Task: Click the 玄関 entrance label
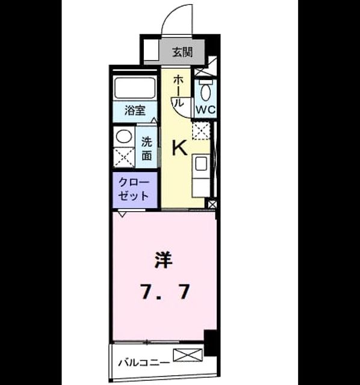coord(182,52)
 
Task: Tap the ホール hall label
coord(178,91)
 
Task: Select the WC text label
coord(206,109)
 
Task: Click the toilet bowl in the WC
coord(206,92)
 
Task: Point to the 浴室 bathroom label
coord(135,110)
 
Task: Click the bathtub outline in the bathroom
coord(135,88)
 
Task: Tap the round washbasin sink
coord(124,137)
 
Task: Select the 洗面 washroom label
coord(146,149)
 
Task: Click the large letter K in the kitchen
coord(180,147)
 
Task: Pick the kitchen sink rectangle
coord(200,164)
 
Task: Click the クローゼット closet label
coord(134,189)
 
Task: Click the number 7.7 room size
coord(165,291)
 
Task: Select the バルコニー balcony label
coord(144,363)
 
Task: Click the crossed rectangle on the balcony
coord(188,355)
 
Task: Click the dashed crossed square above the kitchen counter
coord(201,130)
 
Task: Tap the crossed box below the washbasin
coord(124,158)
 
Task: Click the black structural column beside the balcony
coord(211,343)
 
